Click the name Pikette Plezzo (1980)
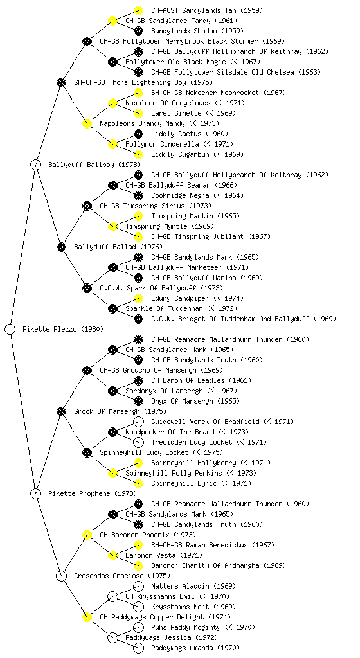[x=63, y=329]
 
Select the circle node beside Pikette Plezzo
[x=10, y=329]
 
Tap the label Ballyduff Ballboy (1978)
[x=94, y=164]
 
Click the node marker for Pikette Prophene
[x=35, y=493]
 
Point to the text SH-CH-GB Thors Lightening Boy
[x=130, y=82]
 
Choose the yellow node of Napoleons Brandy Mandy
[x=87, y=123]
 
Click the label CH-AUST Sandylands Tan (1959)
[x=207, y=10]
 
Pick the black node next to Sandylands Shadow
[x=138, y=31]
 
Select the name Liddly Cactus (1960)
[x=190, y=134]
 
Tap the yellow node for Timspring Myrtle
[x=113, y=226]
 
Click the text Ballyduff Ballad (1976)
[x=118, y=247]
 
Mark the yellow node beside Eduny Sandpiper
[x=138, y=298]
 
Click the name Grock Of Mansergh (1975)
[x=120, y=411]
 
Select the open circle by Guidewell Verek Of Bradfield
[x=138, y=422]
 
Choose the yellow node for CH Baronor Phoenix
[x=87, y=535]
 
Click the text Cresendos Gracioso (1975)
[x=122, y=576]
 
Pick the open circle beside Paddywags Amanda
[x=138, y=648]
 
